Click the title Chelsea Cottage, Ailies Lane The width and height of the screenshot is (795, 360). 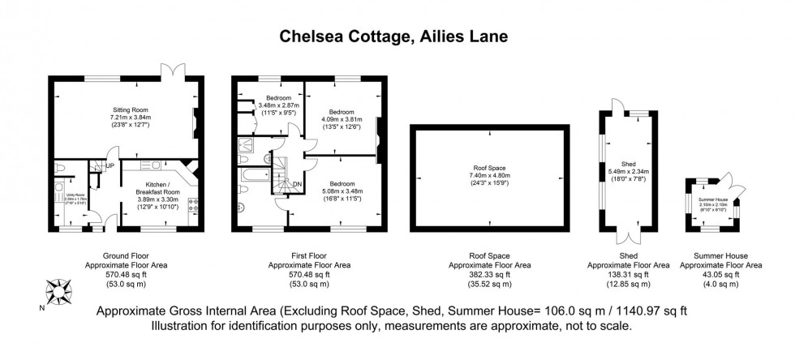(397, 36)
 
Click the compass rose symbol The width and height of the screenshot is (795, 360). (58, 289)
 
